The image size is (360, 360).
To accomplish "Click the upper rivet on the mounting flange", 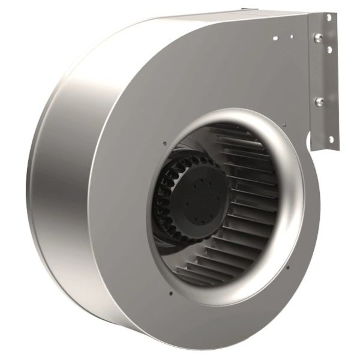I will click(318, 38).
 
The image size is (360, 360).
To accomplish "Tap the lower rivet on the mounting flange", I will click(320, 101).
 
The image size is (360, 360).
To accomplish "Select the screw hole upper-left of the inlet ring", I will click(164, 143).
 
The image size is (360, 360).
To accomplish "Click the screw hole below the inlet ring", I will click(170, 293).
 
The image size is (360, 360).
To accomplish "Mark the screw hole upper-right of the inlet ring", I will click(284, 125).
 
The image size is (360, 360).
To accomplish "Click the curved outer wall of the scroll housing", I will click(60, 198).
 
